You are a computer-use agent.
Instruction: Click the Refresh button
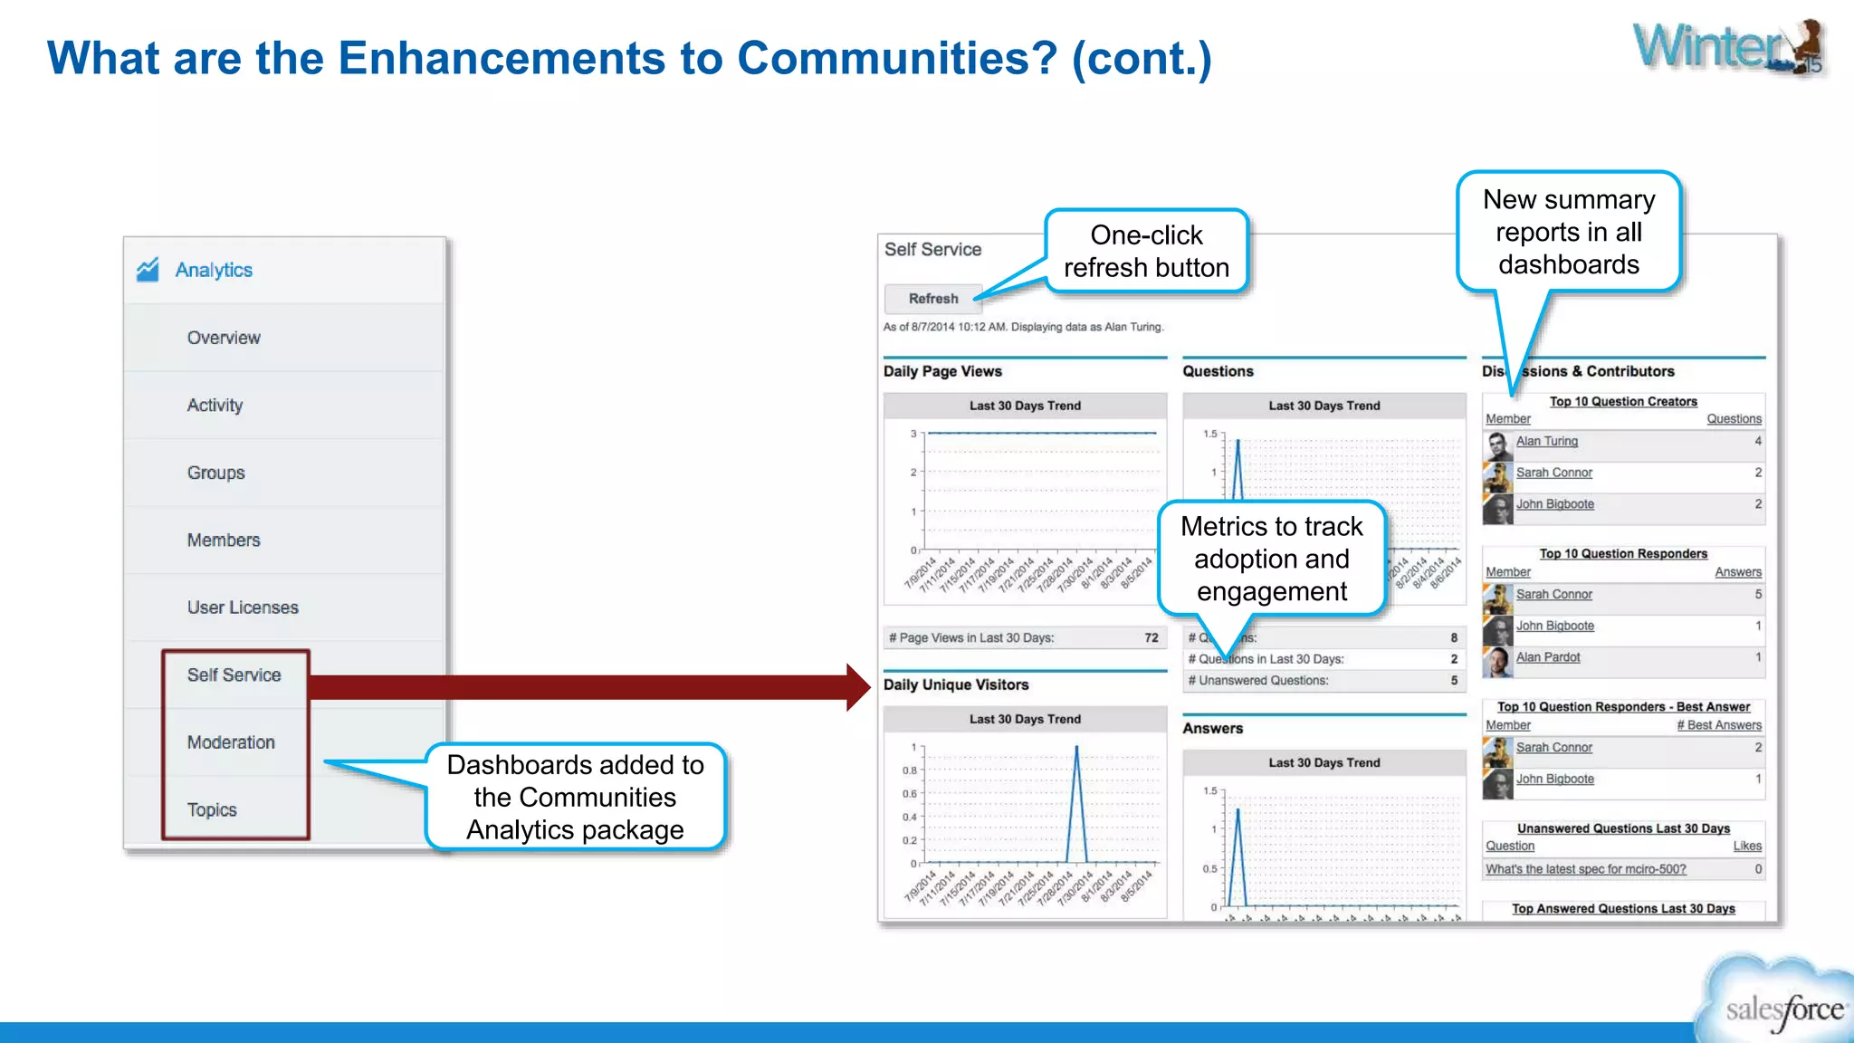point(932,299)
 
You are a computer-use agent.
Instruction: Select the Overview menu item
point(224,338)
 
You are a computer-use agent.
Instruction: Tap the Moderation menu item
point(231,742)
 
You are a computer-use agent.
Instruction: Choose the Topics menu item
point(212,809)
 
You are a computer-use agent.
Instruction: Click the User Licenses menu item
point(243,608)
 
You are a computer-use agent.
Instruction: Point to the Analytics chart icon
point(148,270)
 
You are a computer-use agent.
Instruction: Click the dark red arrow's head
point(857,687)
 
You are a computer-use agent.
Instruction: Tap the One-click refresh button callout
point(1146,252)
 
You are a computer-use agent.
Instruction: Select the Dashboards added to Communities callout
point(575,797)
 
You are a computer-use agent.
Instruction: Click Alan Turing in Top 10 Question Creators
point(1546,441)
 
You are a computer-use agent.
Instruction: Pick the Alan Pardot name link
point(1548,657)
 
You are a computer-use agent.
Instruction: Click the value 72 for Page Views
point(1151,638)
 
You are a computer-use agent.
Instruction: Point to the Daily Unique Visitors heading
point(956,685)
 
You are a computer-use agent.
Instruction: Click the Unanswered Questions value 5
point(1454,681)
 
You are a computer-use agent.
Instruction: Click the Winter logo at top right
point(1727,47)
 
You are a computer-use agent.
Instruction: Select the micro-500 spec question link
point(1585,869)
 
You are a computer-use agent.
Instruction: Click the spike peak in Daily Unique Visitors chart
point(1076,748)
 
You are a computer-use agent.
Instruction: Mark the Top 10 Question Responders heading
point(1623,554)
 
